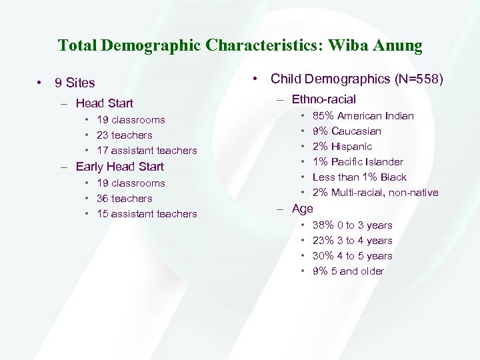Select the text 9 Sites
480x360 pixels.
pos(75,83)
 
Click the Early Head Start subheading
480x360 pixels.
pos(120,167)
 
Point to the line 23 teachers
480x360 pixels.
pos(125,135)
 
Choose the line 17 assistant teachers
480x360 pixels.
pos(147,151)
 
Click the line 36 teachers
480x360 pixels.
pos(125,199)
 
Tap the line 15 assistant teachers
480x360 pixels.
pos(147,214)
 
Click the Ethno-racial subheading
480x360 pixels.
pos(324,100)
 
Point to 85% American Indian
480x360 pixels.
pos(363,116)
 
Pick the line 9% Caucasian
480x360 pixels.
pos(347,131)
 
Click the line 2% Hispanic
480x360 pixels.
pos(343,147)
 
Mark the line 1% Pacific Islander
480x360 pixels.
pos(358,162)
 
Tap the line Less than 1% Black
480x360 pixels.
pos(359,177)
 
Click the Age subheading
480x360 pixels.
pos(302,209)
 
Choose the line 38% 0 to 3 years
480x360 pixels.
pos(353,225)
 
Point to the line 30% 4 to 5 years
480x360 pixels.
pos(353,256)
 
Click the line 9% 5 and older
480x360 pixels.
pos(348,271)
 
